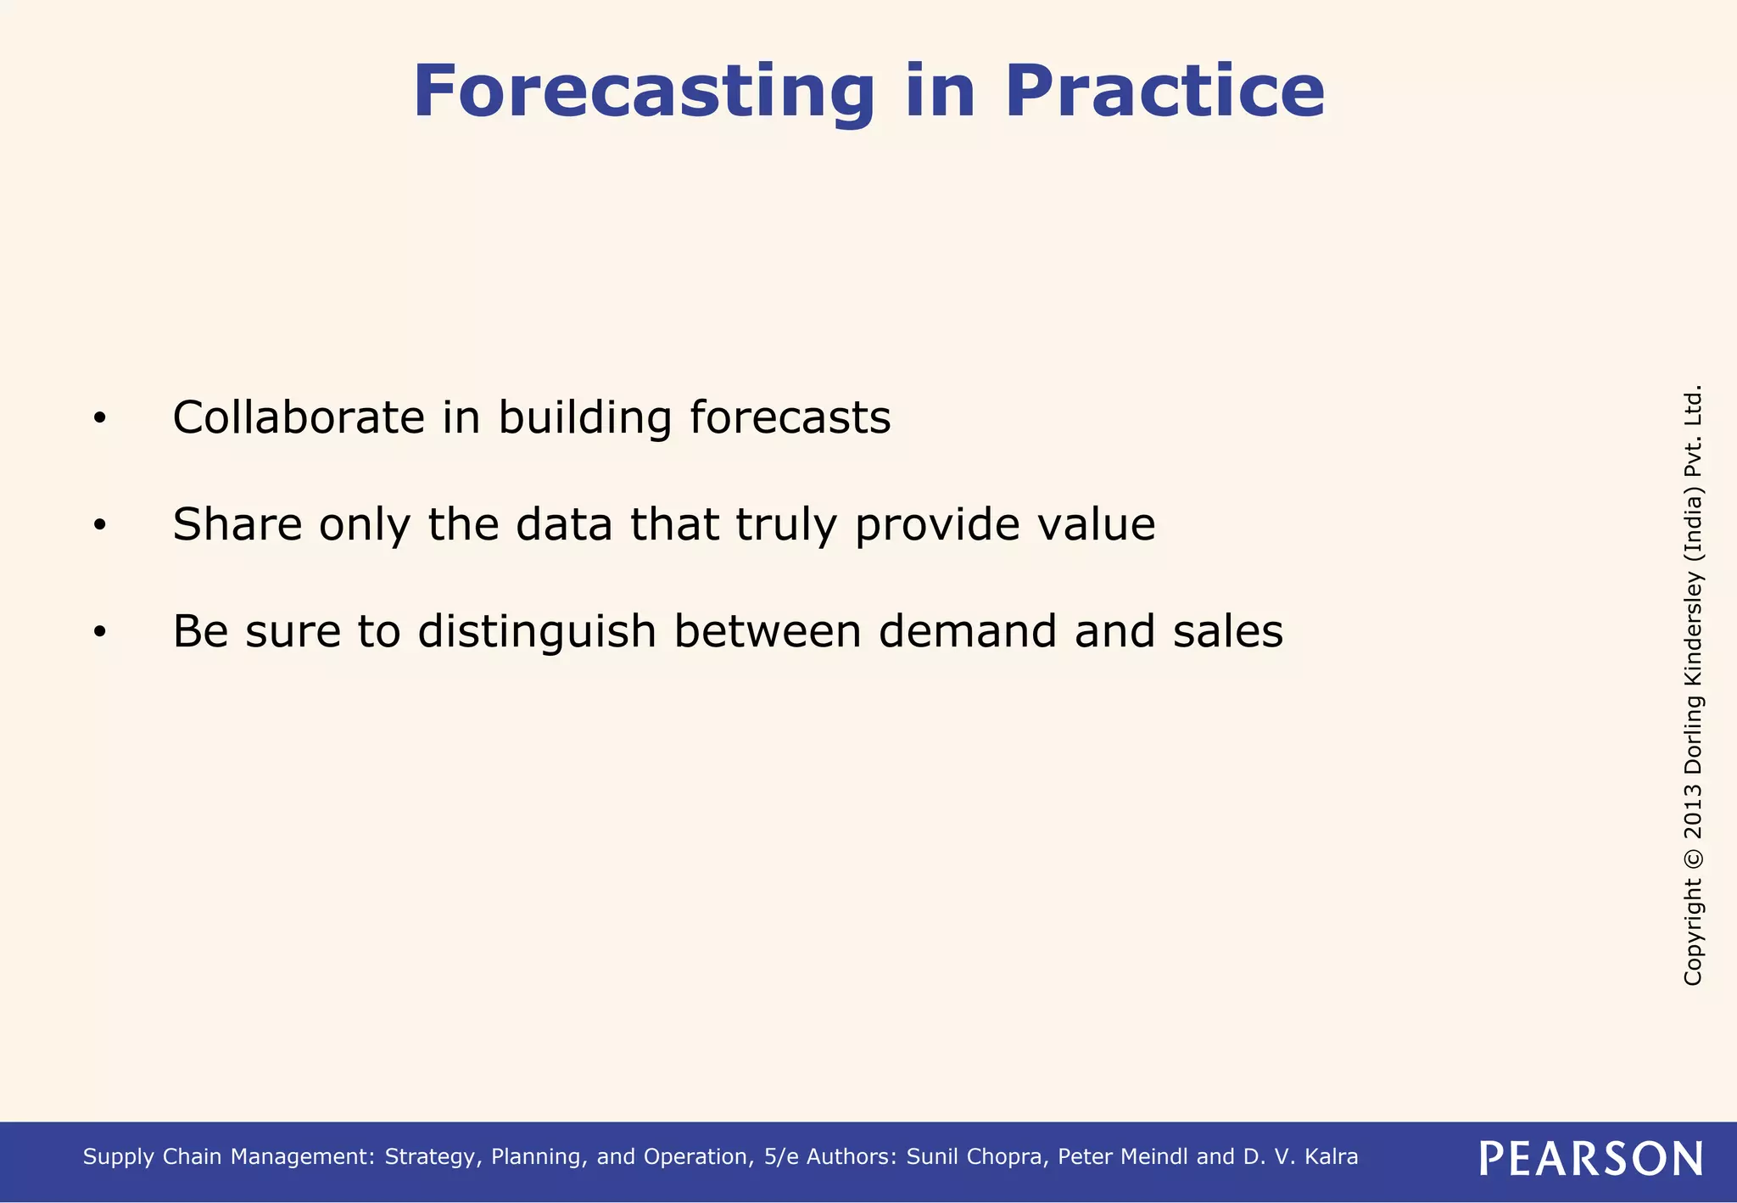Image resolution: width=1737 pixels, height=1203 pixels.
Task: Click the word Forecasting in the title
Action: (x=643, y=92)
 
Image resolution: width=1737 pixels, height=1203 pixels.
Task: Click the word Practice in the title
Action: (x=1164, y=92)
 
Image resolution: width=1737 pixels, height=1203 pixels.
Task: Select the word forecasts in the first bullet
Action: (x=790, y=417)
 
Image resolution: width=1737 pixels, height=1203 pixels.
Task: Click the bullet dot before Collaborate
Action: (x=100, y=419)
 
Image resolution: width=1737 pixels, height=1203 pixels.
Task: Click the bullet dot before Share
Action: (x=100, y=526)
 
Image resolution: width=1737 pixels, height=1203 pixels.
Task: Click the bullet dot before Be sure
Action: (x=100, y=633)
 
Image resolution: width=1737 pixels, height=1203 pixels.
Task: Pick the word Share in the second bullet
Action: (x=237, y=524)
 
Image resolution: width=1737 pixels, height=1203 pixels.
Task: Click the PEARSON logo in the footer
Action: (x=1590, y=1158)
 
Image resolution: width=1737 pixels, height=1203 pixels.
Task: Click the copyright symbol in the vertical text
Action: (x=1693, y=857)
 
